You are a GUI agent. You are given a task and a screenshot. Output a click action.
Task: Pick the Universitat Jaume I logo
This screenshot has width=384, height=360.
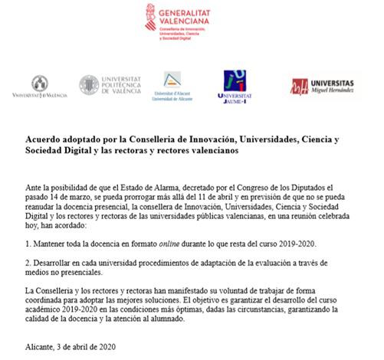[x=234, y=87]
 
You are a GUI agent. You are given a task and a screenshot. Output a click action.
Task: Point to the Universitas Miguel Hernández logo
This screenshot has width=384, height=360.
[x=322, y=86]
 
